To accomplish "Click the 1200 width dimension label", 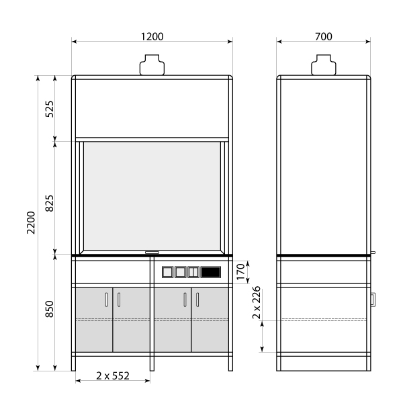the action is [152, 37].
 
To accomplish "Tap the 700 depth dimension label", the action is [324, 37].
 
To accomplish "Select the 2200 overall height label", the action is [31, 222].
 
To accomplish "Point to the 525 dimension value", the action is [50, 109].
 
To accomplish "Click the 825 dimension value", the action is [50, 204].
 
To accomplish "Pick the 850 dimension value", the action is [50, 309].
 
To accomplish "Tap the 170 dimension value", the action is [240, 272].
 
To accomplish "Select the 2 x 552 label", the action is [113, 375].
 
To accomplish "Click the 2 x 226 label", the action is [257, 302].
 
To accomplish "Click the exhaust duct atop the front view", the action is [152, 64].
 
